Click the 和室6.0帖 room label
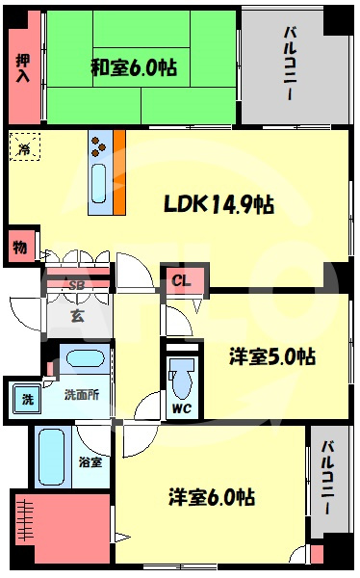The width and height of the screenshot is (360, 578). (134, 67)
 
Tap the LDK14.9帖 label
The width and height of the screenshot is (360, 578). (219, 204)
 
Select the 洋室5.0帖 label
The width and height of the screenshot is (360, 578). (272, 356)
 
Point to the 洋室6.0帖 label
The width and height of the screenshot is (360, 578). (212, 497)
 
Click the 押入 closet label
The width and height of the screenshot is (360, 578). (23, 68)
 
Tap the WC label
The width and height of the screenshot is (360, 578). (182, 408)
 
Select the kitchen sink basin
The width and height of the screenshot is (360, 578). (99, 184)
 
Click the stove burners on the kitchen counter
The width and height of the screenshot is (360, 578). (98, 146)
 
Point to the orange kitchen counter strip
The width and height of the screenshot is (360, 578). (119, 172)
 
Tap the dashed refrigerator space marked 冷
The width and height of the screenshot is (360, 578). (25, 146)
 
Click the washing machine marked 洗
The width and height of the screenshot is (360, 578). (28, 399)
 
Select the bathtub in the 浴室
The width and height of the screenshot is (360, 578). (51, 457)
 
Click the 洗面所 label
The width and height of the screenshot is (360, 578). (82, 394)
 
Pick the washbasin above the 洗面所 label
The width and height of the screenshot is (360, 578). (86, 358)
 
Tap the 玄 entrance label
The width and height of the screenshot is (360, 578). (78, 316)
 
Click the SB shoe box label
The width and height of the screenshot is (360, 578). (77, 285)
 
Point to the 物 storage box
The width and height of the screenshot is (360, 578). (20, 247)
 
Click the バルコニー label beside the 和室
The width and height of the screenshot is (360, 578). (290, 64)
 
